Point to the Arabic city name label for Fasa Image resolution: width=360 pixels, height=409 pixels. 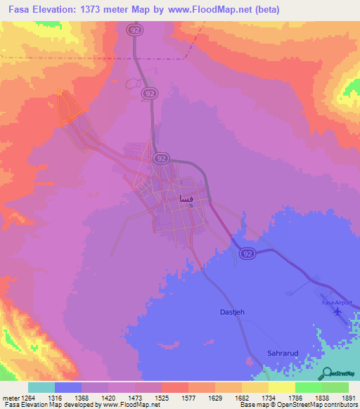tap(186, 199)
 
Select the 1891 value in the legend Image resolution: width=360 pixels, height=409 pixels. tap(349, 398)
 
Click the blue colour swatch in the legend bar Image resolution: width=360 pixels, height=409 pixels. tap(68, 387)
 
